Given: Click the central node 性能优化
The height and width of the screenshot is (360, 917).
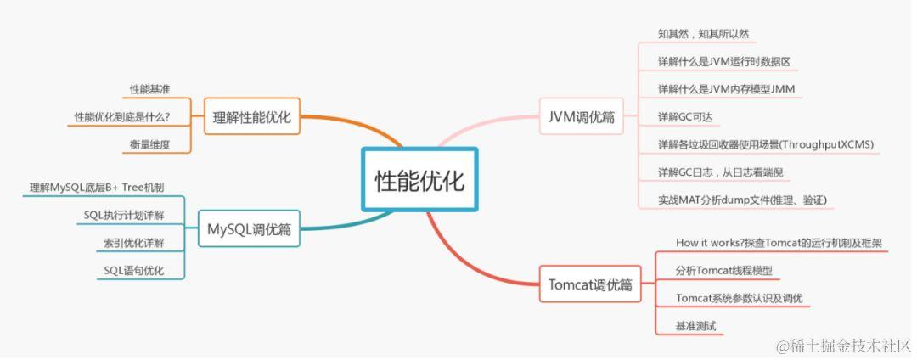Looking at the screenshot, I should coord(419,179).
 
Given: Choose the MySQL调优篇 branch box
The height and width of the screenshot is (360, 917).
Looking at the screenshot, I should coord(249,228).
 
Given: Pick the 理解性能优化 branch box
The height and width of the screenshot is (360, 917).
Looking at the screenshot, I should coord(252,117).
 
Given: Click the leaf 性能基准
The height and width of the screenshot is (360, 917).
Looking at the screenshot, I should coord(149,89).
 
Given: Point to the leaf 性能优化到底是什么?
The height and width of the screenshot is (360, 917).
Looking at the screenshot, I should coord(122,116).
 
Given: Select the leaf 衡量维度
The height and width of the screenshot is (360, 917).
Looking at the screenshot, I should coord(149,144).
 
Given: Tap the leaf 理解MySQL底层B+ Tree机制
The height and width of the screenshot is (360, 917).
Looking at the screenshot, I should coord(97,187).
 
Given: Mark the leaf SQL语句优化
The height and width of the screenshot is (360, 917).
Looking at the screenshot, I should coord(133,271).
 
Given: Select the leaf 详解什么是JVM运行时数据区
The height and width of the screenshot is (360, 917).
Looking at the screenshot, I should coord(724,61).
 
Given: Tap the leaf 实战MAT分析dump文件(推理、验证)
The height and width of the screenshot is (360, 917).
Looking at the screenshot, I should coord(742,200).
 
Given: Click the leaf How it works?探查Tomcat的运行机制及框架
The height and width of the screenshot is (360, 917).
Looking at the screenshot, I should coord(779,243).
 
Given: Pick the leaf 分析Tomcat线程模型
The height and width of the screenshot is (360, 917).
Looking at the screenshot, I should coord(724,271).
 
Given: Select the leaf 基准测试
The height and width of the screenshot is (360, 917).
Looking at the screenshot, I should coord(695,326).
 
